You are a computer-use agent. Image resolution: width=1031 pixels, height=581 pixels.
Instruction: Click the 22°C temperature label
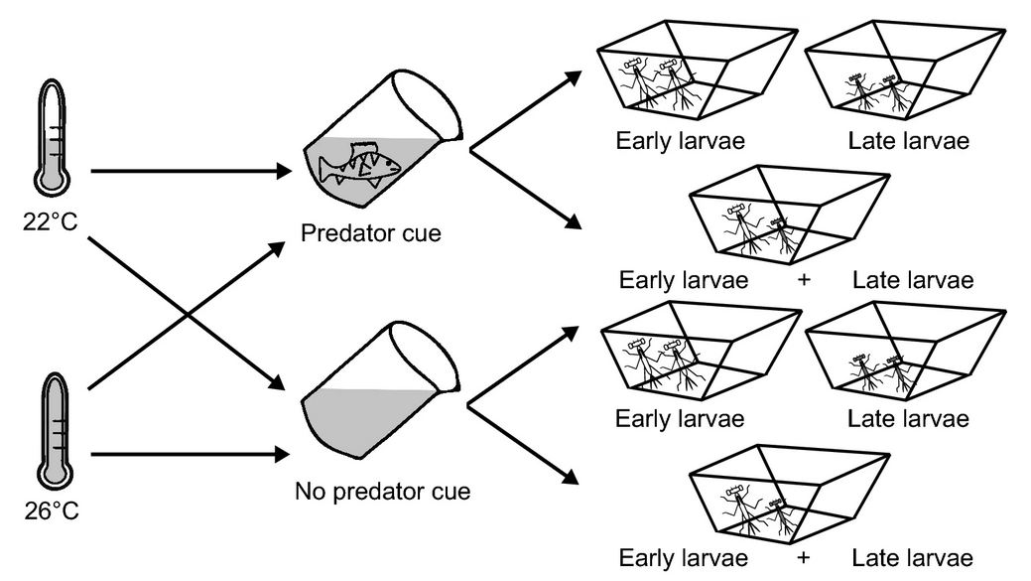(51, 218)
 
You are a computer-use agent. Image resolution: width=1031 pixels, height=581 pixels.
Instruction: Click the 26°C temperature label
(51, 512)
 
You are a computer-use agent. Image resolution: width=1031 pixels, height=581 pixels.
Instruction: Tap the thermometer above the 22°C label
(51, 139)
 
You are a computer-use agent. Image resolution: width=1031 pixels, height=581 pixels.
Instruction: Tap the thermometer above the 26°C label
(51, 432)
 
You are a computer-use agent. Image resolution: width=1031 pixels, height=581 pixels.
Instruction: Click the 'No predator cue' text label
(382, 491)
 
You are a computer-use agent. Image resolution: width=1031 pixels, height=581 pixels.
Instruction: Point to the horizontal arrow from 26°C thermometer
(184, 456)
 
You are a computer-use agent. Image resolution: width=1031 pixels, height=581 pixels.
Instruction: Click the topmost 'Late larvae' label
(908, 141)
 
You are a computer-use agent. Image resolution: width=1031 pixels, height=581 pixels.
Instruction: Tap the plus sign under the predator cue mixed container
(804, 279)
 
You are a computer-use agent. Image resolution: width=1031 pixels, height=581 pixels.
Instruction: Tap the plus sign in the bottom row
(804, 558)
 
